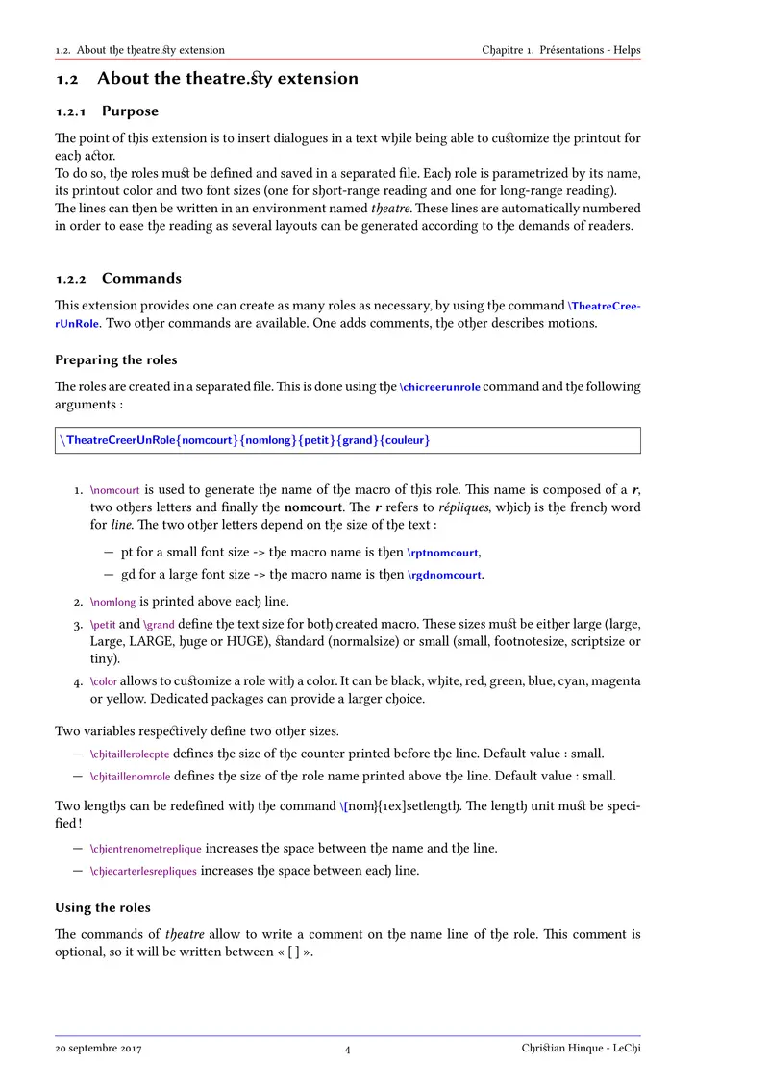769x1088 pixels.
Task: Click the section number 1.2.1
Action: point(72,111)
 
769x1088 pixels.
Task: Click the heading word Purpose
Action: point(130,111)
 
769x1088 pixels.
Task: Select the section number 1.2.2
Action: point(72,279)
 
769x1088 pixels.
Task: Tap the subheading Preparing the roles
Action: point(116,359)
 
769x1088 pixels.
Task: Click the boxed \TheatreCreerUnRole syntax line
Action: point(244,440)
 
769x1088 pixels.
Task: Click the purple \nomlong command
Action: point(112,602)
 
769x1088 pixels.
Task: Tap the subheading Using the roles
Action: point(103,907)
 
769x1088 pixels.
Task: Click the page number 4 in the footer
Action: point(348,1050)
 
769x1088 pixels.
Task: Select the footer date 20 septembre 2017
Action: point(98,1049)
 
